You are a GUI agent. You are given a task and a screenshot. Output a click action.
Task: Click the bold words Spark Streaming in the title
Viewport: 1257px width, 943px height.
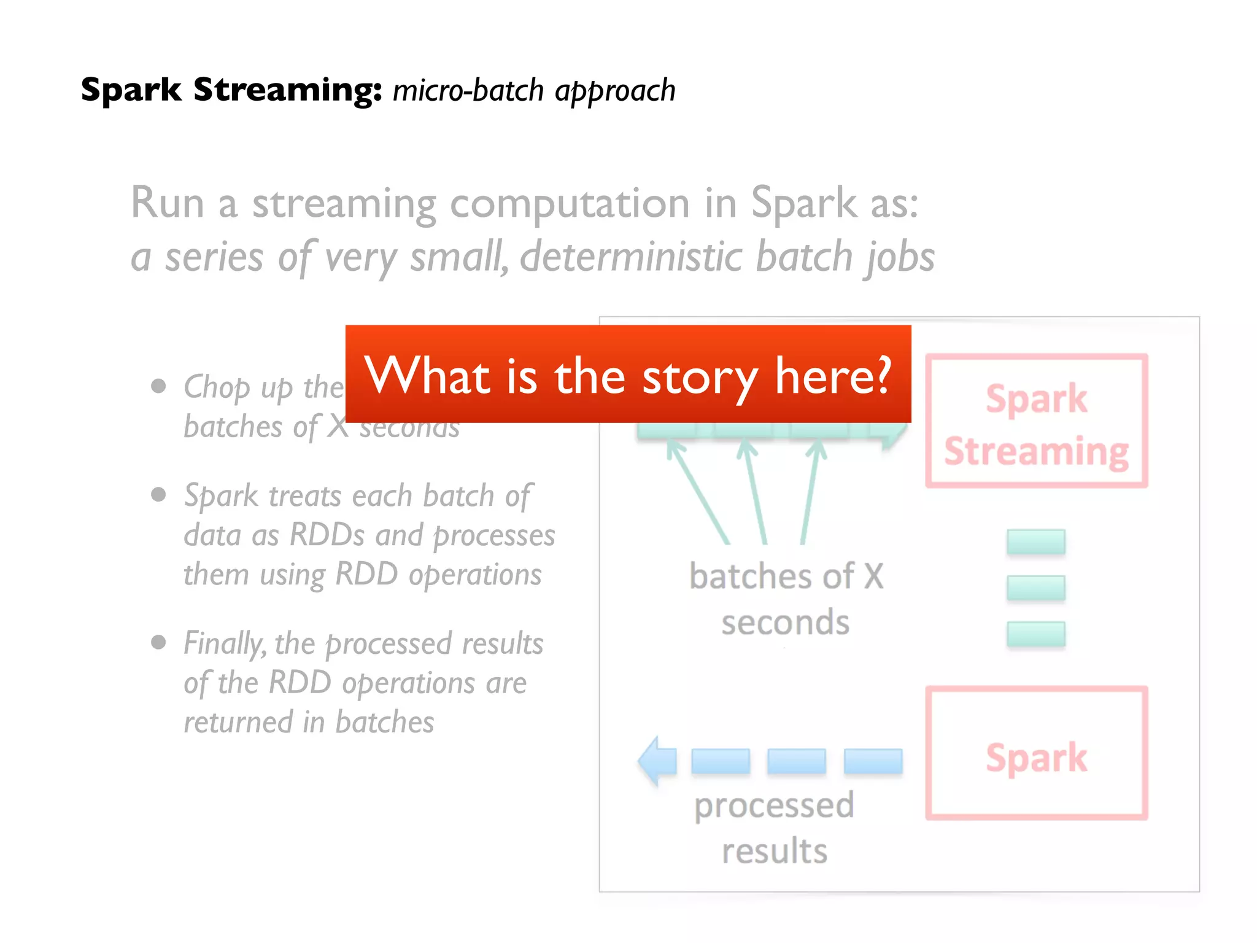[230, 90]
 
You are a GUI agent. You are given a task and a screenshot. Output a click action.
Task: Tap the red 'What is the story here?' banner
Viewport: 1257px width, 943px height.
[627, 374]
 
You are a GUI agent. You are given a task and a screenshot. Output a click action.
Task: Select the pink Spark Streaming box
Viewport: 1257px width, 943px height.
[1036, 421]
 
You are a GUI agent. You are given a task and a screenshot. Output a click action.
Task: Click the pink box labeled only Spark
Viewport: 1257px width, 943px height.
[1036, 753]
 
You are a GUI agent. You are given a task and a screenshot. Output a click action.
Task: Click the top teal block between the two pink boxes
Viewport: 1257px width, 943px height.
[1035, 541]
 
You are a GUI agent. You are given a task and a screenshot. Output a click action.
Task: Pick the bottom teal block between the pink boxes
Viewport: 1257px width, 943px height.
[1035, 634]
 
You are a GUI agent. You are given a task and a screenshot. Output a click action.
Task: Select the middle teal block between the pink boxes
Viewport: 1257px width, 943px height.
[1035, 588]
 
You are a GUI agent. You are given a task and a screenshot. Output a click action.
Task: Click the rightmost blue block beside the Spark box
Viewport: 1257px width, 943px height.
[873, 761]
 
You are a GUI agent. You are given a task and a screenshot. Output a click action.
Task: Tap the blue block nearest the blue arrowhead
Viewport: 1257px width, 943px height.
[720, 761]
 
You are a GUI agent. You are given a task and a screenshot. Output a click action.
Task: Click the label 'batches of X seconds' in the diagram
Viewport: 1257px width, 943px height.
[786, 599]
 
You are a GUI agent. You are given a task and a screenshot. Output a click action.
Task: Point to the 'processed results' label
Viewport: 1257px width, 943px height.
[774, 827]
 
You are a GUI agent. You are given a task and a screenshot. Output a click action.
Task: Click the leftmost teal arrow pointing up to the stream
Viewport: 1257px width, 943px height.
[698, 491]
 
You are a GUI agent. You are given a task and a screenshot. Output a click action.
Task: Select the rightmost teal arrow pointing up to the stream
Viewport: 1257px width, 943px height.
[811, 491]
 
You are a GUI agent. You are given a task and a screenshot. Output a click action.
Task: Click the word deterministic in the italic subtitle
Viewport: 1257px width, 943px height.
[630, 256]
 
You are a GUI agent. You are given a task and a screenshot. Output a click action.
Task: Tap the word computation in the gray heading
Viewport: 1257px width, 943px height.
[570, 203]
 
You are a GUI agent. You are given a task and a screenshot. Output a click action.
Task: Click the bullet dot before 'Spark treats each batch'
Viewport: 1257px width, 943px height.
[159, 494]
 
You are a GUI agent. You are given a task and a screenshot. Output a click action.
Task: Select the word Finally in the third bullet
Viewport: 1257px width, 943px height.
[225, 643]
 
